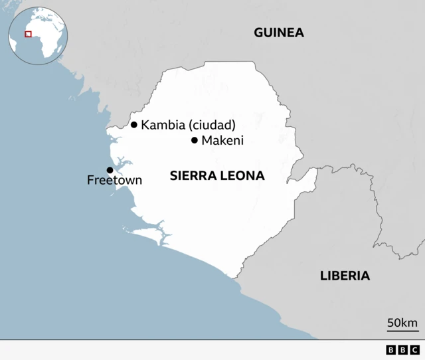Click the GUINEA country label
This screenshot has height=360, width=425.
[278, 33]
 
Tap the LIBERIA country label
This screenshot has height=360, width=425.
[345, 276]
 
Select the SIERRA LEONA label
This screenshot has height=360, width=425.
[217, 176]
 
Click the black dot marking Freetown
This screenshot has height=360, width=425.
[110, 170]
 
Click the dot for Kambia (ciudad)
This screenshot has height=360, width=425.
[134, 125]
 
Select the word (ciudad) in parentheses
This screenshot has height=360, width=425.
[212, 125]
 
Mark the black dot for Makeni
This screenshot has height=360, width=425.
[195, 140]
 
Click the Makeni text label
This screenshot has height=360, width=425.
[222, 140]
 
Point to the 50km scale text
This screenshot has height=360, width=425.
[402, 323]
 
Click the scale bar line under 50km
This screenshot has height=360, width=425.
[402, 330]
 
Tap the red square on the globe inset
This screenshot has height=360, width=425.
[28, 34]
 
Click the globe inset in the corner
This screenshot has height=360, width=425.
[37, 36]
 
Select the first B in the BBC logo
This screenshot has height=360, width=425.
[390, 350]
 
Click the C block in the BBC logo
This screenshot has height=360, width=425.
[414, 350]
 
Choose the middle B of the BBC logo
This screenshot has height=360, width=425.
[402, 350]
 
